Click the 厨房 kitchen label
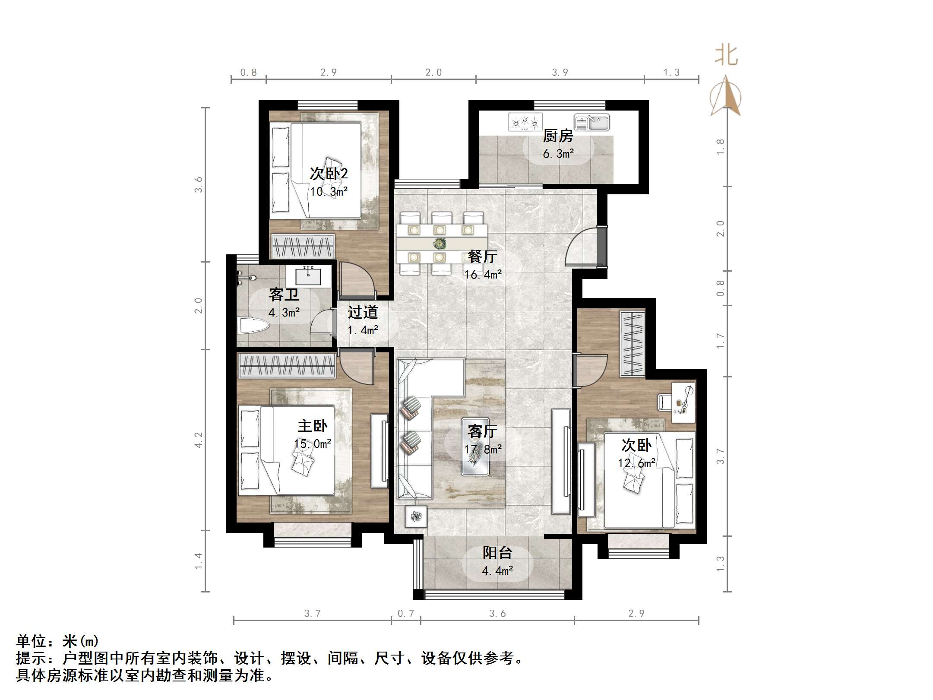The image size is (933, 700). coord(558,136)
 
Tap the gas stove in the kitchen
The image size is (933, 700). coord(525,122)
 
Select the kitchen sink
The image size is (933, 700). coord(591,123)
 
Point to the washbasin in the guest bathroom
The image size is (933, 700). coord(308,276)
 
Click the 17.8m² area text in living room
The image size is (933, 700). coord(483,450)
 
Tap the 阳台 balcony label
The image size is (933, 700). coord(497,553)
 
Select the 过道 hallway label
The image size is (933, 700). coord(363,312)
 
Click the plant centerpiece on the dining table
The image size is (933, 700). coord(440,244)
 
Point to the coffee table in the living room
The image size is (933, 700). coord(475,447)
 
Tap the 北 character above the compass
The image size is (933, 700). coord(727,56)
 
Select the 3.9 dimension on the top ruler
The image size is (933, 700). coord(560,73)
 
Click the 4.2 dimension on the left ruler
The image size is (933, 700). coord(198,440)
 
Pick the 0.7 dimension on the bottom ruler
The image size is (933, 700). coord(405,613)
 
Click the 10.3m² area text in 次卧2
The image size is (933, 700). coord(329,192)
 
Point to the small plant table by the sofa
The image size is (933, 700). coord(416,516)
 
